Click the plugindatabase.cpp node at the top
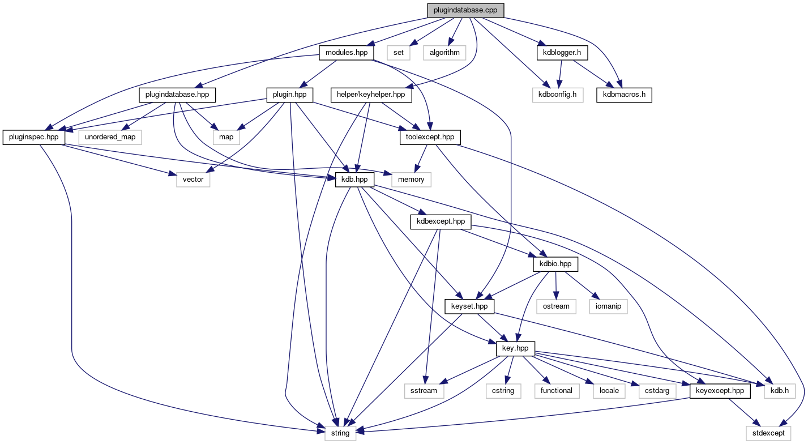point(465,10)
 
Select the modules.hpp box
point(346,53)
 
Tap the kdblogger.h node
point(562,53)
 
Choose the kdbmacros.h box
point(624,94)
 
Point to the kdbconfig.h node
point(557,94)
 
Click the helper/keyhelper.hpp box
point(371,94)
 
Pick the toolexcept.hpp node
point(430,137)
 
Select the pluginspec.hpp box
point(34,137)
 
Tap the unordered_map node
point(110,137)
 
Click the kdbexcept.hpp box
point(441,221)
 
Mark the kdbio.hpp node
point(555,264)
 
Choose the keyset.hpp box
point(469,306)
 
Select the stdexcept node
point(768,433)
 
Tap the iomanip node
point(609,306)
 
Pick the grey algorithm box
point(444,53)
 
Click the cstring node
point(503,390)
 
